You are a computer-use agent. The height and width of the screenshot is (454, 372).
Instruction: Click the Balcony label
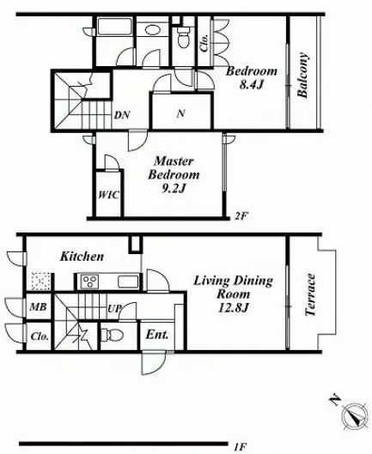click(x=302, y=75)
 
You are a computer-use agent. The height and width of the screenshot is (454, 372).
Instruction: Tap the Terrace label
click(x=310, y=294)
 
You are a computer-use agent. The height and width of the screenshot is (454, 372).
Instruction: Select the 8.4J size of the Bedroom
click(x=252, y=84)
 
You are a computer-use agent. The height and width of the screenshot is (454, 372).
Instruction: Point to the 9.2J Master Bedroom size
click(x=174, y=189)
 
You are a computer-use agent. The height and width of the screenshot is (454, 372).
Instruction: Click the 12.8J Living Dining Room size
click(x=233, y=307)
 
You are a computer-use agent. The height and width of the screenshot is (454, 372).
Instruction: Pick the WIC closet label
click(x=108, y=195)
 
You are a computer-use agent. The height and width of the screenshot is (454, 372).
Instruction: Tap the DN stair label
click(x=122, y=115)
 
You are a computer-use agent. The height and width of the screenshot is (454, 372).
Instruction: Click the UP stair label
click(x=114, y=309)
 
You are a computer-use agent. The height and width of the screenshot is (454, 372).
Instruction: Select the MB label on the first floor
click(x=39, y=306)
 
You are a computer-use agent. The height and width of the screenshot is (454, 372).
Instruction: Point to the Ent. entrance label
click(x=157, y=335)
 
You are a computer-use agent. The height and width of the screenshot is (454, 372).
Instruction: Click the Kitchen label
click(x=82, y=257)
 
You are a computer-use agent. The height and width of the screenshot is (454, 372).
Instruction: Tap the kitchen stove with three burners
click(x=90, y=281)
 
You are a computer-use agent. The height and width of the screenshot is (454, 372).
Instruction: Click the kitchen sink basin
click(x=128, y=282)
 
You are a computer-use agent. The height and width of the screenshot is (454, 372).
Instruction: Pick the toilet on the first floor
click(x=113, y=335)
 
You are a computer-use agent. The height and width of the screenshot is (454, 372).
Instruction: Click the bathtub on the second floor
click(x=114, y=27)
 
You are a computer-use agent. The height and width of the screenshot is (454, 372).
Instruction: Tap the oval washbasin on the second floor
click(x=153, y=30)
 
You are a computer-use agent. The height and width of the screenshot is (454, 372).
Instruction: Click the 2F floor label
click(x=241, y=216)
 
